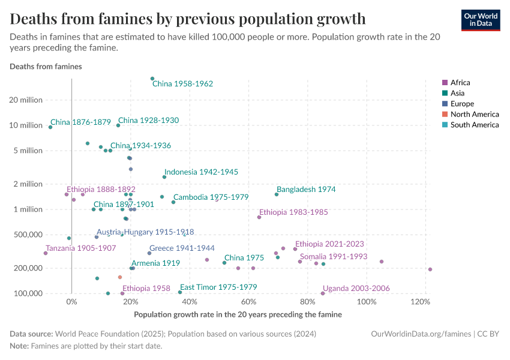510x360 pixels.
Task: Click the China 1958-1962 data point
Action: point(152,79)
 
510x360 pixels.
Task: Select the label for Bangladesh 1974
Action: point(306,189)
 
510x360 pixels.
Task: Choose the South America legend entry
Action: point(474,125)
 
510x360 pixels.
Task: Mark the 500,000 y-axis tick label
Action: point(26,235)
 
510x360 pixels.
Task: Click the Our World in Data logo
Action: point(481,20)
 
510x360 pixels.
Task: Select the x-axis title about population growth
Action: point(238,314)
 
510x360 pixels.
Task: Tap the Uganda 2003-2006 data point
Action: point(323,293)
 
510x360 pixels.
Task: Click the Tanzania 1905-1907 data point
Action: point(46,253)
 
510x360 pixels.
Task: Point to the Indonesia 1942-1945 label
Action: point(201,172)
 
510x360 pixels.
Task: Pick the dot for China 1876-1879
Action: point(50,127)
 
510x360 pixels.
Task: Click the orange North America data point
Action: point(120,277)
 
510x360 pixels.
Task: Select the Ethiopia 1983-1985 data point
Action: point(259,217)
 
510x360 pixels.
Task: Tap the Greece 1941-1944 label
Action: point(182,248)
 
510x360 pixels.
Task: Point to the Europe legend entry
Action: point(462,104)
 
